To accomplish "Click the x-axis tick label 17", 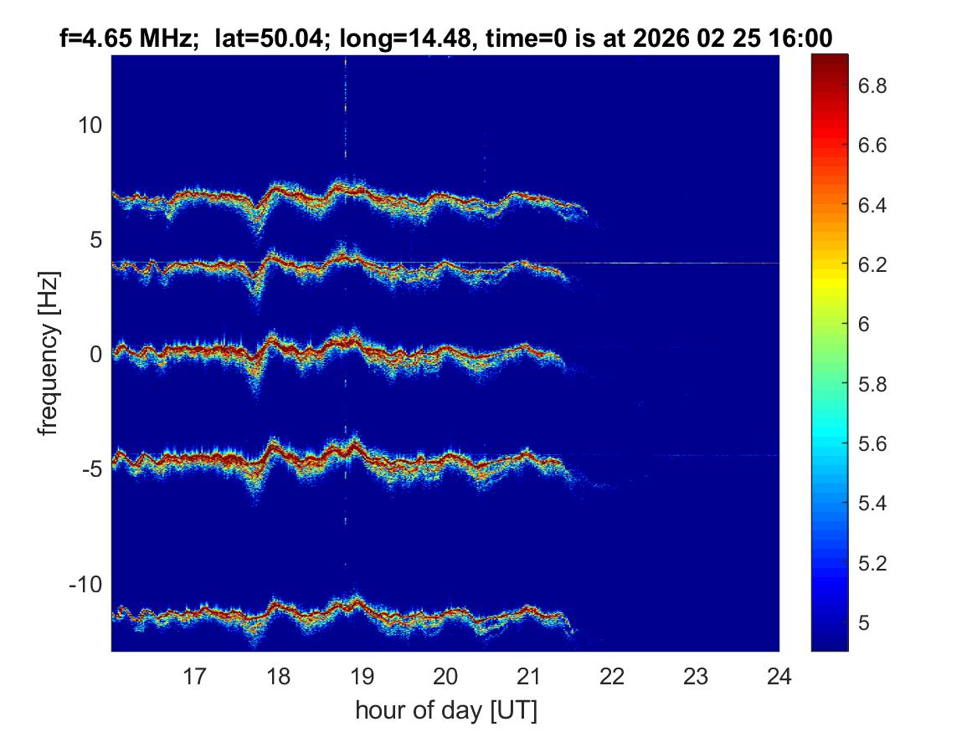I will click(195, 676).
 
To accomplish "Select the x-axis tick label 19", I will click(362, 676).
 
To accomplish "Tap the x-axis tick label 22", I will click(613, 676).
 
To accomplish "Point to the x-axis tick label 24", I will click(779, 676).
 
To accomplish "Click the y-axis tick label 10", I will click(90, 125).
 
